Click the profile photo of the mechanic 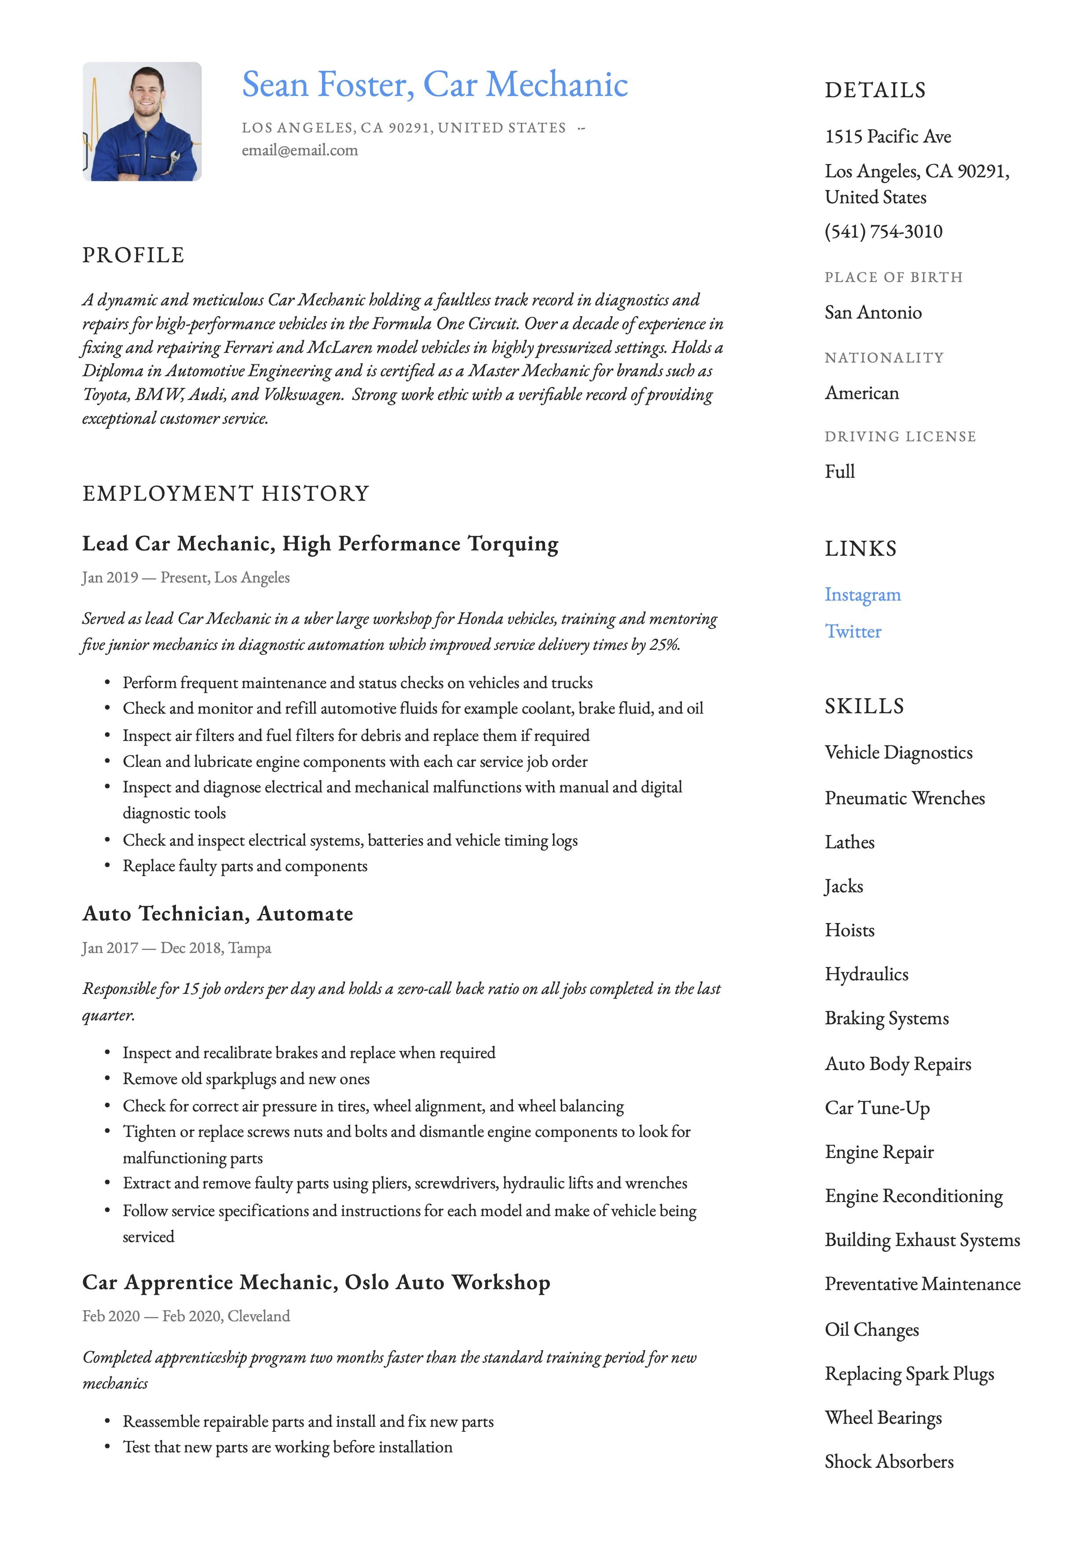[x=142, y=121]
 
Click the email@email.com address [x=300, y=150]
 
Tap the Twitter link [x=853, y=632]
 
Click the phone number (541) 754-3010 [x=883, y=232]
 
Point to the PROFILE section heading [x=133, y=255]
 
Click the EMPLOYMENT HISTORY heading [x=226, y=494]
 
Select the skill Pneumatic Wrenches [x=904, y=799]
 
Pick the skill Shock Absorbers [x=889, y=1462]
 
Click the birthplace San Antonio [x=873, y=312]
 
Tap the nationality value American [x=861, y=393]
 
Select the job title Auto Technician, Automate [x=218, y=914]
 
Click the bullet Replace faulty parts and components [x=245, y=866]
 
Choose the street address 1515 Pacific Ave [x=887, y=136]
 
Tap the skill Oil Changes [x=871, y=1330]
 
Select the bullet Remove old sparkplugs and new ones [x=246, y=1079]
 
